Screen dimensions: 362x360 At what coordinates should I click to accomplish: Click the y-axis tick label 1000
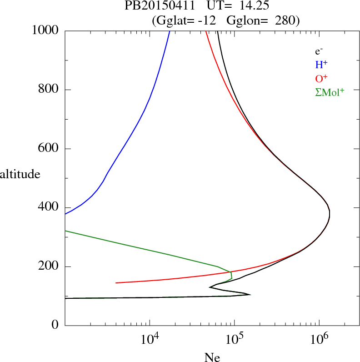[45, 30]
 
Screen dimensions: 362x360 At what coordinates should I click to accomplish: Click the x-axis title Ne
[212, 357]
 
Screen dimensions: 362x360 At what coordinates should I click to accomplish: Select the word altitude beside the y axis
[20, 174]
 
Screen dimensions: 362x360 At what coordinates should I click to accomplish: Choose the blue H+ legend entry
[321, 65]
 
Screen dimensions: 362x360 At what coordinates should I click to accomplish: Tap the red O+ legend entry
[321, 78]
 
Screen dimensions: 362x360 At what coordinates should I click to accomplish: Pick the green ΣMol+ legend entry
[329, 92]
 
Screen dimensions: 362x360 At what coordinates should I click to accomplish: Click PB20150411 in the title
[154, 7]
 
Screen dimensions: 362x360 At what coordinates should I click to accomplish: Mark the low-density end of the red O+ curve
[116, 283]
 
